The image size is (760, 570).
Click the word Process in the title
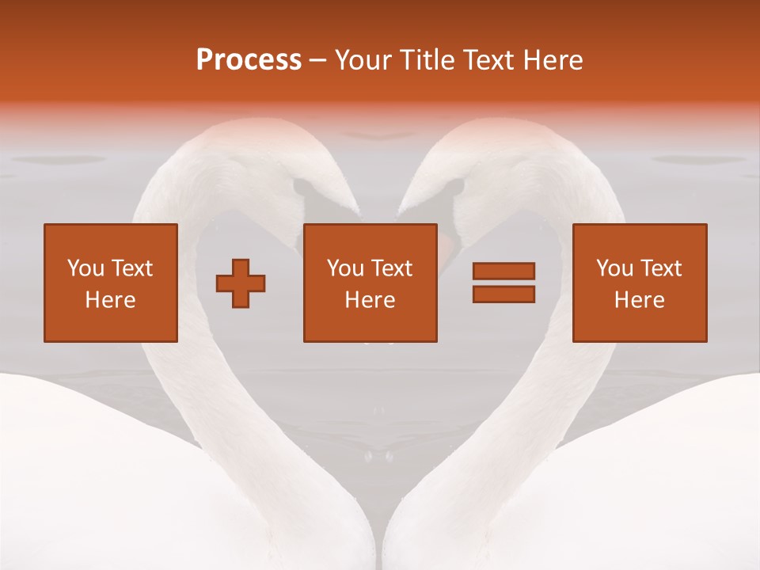(x=249, y=60)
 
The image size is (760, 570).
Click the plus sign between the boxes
(x=241, y=283)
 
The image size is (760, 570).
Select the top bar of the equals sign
(x=503, y=272)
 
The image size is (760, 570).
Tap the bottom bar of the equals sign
(x=503, y=294)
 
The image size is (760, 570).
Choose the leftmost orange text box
(x=110, y=283)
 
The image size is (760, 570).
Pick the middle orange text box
(x=370, y=283)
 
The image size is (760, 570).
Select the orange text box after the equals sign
(x=639, y=283)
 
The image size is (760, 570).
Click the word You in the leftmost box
(x=84, y=268)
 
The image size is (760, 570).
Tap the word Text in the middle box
(x=392, y=268)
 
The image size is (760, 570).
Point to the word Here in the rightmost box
(x=639, y=300)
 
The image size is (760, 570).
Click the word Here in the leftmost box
(x=110, y=300)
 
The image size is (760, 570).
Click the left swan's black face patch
(x=304, y=190)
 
